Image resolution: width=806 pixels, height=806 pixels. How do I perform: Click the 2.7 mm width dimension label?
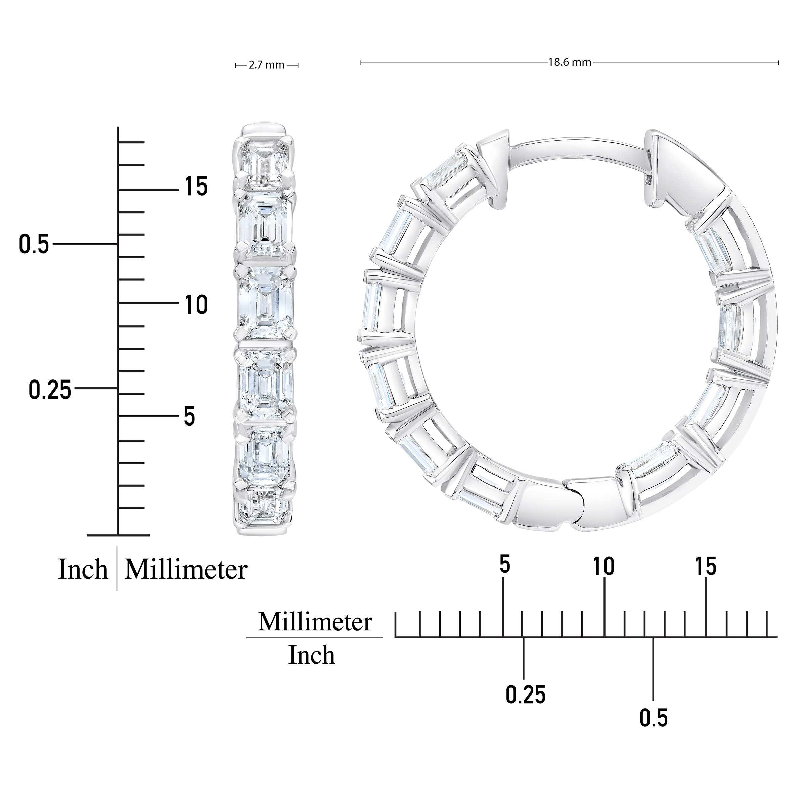click(267, 65)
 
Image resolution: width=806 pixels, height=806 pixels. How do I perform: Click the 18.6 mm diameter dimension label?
click(570, 62)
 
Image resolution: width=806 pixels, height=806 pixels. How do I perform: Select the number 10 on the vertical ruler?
click(196, 305)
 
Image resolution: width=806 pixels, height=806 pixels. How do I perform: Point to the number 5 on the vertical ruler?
click(189, 416)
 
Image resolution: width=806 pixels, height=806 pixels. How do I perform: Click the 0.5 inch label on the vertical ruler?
click(34, 244)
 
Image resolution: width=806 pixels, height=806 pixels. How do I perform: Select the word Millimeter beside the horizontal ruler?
click(315, 622)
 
